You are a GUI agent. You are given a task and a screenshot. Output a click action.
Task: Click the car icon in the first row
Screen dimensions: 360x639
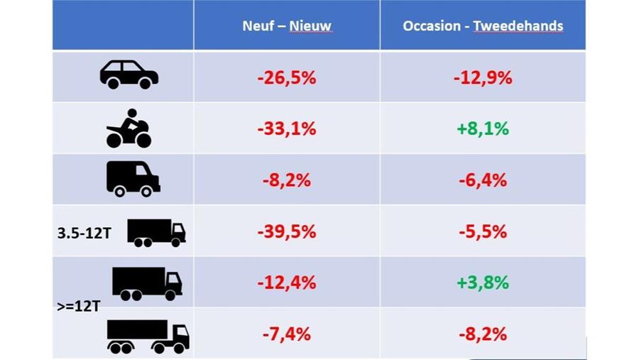click(129, 75)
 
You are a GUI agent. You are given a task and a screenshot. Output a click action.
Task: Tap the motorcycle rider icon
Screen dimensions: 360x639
click(129, 129)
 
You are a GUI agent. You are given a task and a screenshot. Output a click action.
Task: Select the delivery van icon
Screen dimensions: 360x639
click(133, 179)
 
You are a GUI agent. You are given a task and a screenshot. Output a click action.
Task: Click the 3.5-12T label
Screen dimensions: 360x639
click(84, 232)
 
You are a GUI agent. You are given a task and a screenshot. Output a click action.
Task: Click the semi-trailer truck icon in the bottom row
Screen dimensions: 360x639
click(148, 336)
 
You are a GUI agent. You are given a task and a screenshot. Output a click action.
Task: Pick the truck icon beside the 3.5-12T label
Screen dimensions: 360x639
click(156, 232)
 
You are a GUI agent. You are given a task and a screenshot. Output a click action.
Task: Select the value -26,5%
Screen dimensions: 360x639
click(286, 77)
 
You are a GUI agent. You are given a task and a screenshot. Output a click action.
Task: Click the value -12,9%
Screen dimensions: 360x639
click(483, 77)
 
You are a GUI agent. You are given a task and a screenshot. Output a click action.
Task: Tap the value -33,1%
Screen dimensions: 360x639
click(286, 129)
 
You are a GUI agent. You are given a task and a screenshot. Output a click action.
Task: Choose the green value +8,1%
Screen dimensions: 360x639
click(483, 129)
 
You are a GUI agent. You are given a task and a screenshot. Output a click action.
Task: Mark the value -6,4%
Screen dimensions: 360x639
click(483, 180)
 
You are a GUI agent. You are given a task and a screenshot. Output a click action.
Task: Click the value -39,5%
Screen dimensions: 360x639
click(286, 232)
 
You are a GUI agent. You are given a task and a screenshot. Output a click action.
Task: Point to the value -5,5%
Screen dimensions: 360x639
click(483, 232)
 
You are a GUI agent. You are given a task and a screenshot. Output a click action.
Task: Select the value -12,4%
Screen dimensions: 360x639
click(286, 283)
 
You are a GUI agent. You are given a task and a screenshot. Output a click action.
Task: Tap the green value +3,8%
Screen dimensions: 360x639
click(483, 283)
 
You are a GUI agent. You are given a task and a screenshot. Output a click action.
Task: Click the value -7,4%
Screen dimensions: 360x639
click(286, 334)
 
